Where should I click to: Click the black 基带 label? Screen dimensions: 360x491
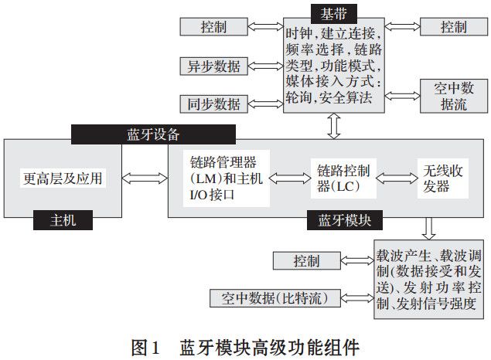pos(334,12)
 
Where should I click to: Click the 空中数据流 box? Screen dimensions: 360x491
pos(449,96)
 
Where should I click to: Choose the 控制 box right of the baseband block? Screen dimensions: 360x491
pos(453,26)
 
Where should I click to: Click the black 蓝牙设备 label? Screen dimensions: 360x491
pos(125,133)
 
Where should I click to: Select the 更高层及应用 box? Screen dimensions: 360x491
pos(62,178)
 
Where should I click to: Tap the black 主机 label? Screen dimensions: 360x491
pos(62,220)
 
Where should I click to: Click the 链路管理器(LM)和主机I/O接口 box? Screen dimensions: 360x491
pos(226,179)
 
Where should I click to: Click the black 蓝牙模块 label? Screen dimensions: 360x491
pos(344,220)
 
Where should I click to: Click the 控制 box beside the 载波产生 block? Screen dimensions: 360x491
pos(306,261)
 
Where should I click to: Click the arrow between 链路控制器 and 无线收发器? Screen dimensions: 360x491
pos(394,178)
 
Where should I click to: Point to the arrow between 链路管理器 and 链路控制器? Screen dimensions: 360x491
pos(289,178)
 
